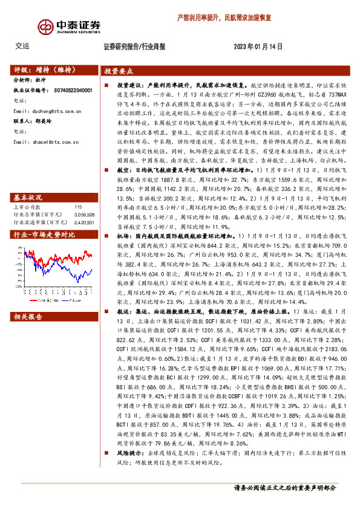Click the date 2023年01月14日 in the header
coord(258,46)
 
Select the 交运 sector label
coord(22,46)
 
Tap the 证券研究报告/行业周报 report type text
coord(134,46)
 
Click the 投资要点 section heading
coord(119,70)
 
